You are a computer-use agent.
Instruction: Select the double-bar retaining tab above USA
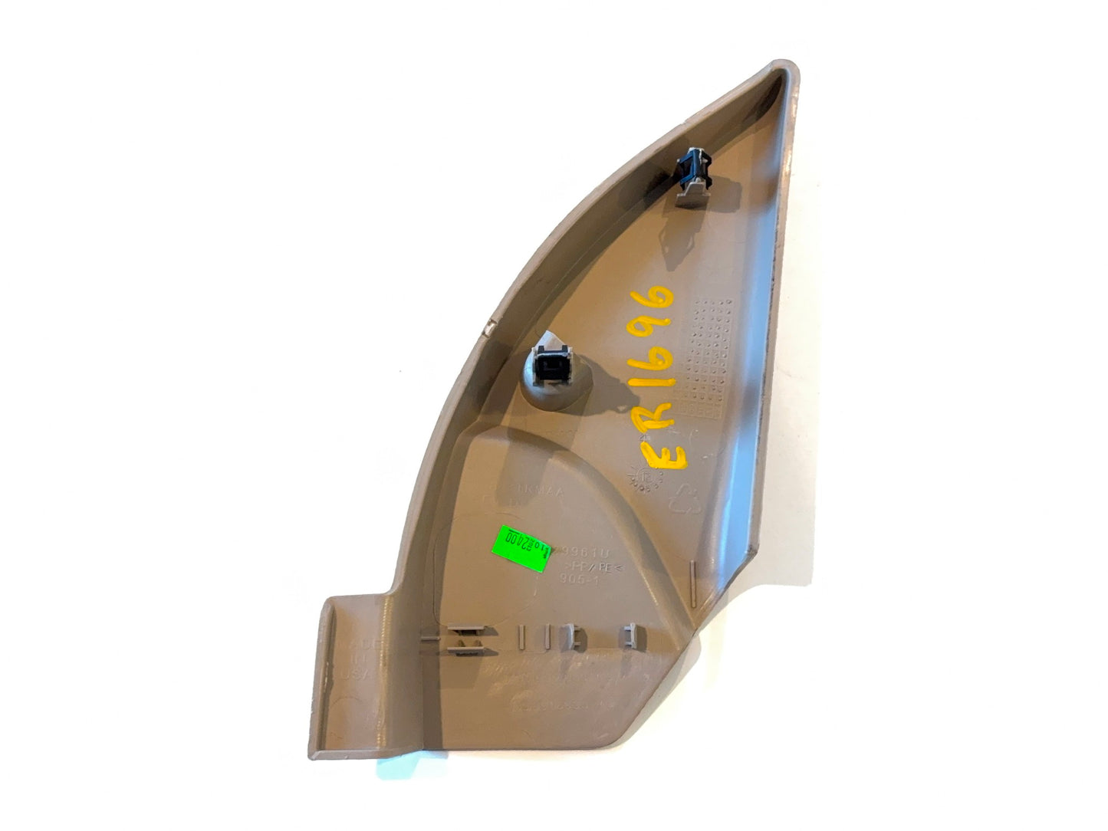464,640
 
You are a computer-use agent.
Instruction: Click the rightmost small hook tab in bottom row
630,633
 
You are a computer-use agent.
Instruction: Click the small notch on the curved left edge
488,329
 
